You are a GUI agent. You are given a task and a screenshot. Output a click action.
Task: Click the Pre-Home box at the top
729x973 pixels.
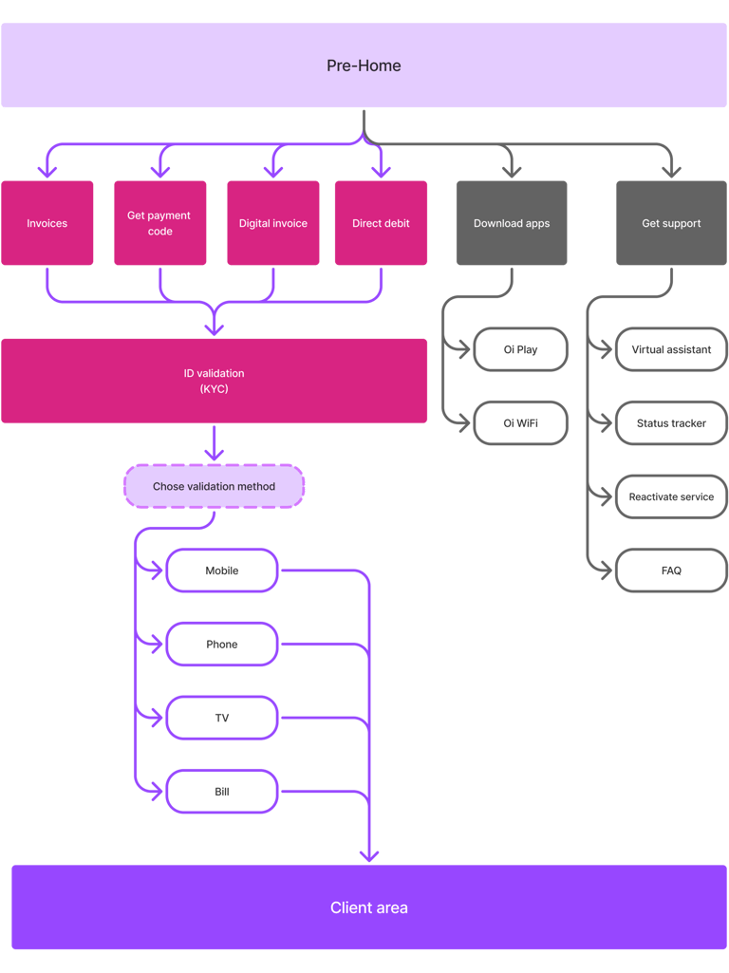(x=364, y=65)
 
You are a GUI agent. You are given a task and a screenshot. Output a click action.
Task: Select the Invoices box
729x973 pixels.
(x=47, y=223)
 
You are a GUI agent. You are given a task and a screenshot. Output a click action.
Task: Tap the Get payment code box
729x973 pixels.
(x=159, y=223)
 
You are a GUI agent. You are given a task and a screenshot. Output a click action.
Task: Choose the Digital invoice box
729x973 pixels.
(x=273, y=223)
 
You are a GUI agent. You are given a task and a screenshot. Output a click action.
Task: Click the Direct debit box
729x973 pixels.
(x=381, y=223)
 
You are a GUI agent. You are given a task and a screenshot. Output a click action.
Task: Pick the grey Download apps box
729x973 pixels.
(x=512, y=223)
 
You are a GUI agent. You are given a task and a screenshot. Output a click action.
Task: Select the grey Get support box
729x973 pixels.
(x=671, y=223)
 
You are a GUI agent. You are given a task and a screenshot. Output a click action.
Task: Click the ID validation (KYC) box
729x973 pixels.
(x=215, y=381)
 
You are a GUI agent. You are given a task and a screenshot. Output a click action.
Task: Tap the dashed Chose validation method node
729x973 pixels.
(x=214, y=486)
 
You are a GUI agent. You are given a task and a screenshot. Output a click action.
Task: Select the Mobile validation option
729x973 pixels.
(x=222, y=571)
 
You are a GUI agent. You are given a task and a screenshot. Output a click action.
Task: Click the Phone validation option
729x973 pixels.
(x=222, y=645)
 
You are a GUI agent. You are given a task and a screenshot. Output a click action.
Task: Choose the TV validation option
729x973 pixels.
(x=222, y=719)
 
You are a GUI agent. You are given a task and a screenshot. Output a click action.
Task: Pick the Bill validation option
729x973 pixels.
(x=222, y=792)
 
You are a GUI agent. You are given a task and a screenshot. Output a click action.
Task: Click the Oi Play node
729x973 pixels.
(x=520, y=349)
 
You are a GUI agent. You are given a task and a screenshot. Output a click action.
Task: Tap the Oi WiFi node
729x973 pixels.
(x=520, y=422)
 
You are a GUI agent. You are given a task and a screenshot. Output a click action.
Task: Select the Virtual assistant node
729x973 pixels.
(x=671, y=349)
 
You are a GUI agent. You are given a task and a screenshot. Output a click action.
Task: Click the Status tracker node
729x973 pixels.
(x=671, y=422)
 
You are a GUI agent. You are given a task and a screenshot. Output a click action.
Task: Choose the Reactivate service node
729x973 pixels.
(x=671, y=496)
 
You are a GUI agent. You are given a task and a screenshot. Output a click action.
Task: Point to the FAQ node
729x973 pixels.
(x=671, y=571)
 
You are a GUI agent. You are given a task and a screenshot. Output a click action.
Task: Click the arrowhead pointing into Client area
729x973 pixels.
(x=368, y=854)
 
